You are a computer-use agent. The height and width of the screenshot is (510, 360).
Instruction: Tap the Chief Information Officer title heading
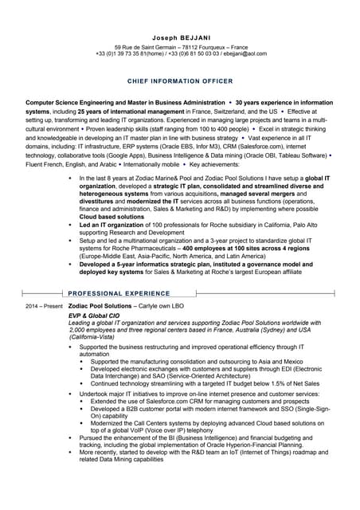point(180,81)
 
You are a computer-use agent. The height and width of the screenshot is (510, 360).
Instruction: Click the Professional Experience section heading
point(119,293)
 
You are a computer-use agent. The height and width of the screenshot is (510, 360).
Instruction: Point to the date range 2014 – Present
point(43,305)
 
